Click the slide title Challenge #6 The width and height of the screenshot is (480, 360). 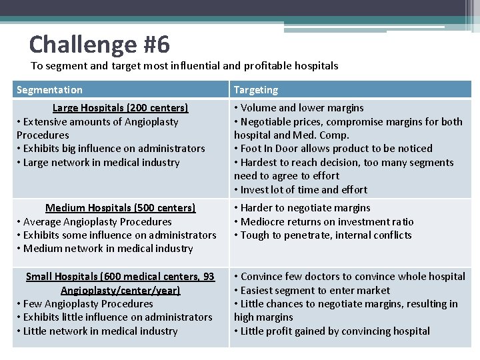tap(99, 45)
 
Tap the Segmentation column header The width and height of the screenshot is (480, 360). tap(49, 90)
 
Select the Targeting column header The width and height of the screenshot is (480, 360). tap(256, 90)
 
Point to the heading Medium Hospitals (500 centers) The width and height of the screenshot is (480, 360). tap(120, 208)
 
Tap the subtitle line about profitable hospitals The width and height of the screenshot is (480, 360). tap(185, 66)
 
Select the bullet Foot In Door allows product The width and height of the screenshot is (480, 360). tap(333, 149)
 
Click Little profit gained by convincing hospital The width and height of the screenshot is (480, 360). tap(332, 331)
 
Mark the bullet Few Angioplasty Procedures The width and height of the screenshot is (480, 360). tap(85, 303)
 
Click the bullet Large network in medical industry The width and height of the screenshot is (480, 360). tap(98, 162)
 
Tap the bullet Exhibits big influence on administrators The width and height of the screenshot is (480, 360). tap(111, 149)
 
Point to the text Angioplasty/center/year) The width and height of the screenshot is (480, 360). tap(120, 290)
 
